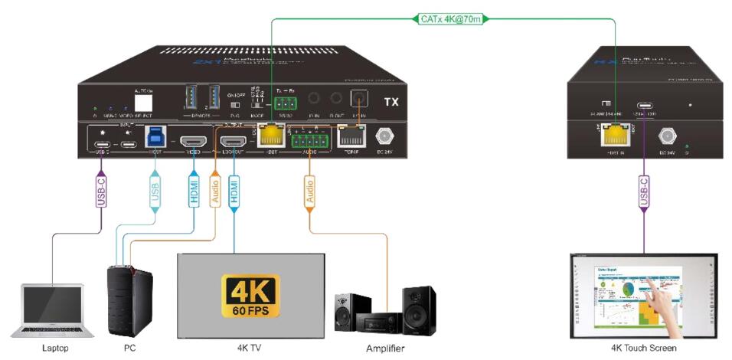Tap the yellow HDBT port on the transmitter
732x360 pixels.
[x=270, y=136]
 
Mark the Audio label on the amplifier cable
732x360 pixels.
[x=309, y=191]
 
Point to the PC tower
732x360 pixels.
[x=126, y=301]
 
